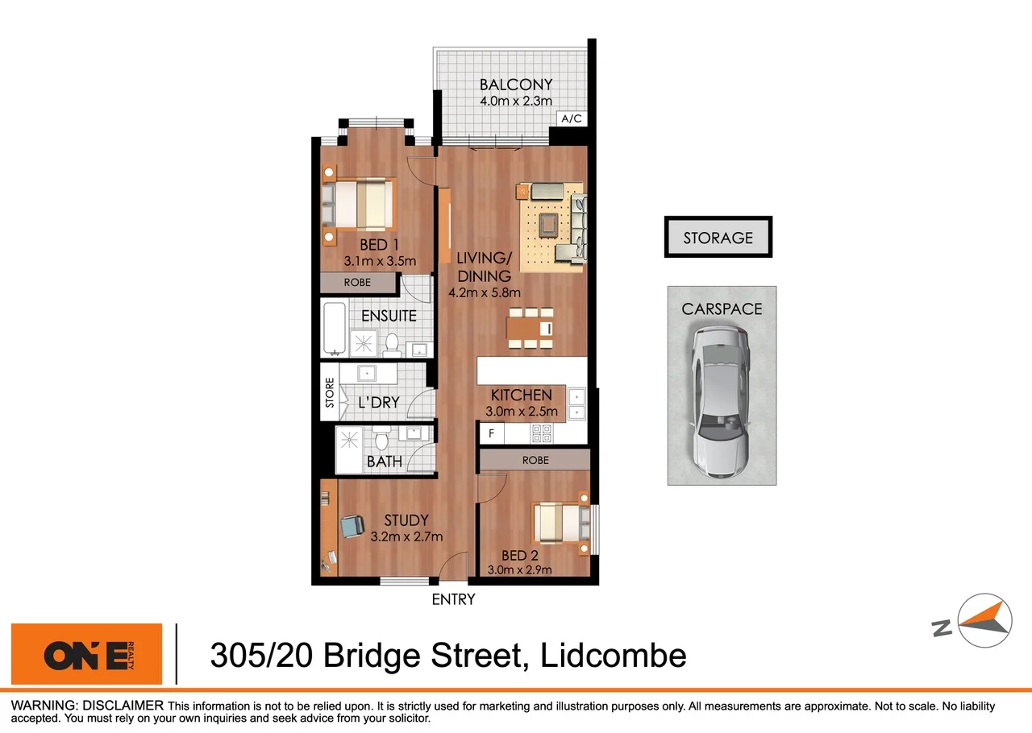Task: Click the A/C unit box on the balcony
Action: click(571, 119)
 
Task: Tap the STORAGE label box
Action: click(718, 238)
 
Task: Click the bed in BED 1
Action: click(361, 205)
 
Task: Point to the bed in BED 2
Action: click(561, 524)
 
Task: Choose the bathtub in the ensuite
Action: click(333, 329)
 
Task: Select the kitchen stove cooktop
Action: click(540, 433)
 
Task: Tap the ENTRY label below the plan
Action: click(453, 599)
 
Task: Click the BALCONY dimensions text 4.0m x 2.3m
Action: click(516, 101)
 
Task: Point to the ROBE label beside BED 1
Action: click(357, 283)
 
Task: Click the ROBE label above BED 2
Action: click(535, 460)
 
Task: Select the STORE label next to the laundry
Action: click(329, 393)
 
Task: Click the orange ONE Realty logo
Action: click(86, 654)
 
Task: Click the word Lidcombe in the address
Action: click(614, 655)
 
